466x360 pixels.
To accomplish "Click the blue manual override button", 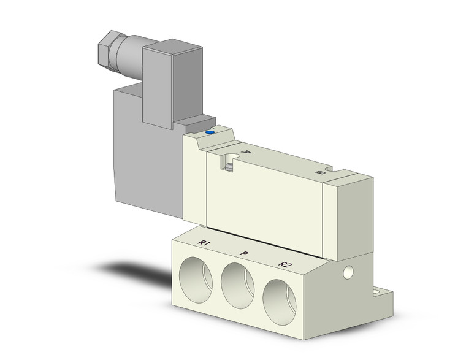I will pos(211,131).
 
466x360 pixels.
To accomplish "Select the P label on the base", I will pos(244,253).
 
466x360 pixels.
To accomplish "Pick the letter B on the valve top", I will pos(319,174).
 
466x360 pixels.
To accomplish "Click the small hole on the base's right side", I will pos(348,270).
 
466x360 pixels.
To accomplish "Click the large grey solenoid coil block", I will pos(147,159).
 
